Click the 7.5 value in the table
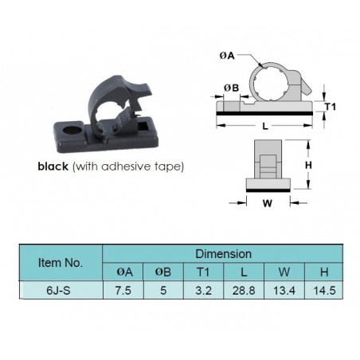123,290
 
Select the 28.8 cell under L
244,290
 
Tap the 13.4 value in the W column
284,290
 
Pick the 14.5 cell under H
324,290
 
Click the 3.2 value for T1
203,290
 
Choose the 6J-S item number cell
58,290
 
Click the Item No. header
61,263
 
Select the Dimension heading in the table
223,254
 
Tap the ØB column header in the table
163,272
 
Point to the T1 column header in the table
203,272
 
